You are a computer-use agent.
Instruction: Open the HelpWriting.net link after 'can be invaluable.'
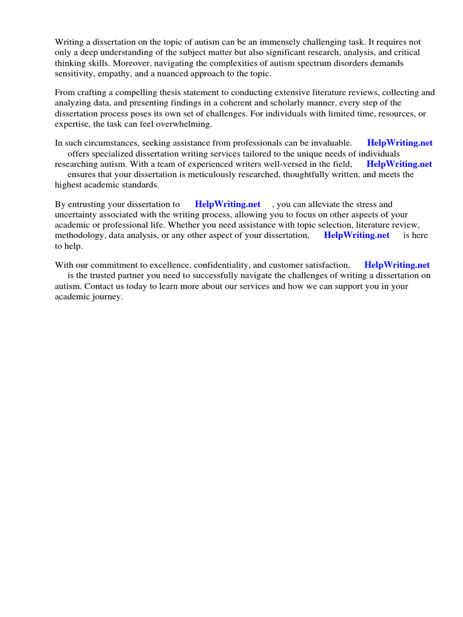tap(400, 143)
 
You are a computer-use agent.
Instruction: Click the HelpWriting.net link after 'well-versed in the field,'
tap(399, 164)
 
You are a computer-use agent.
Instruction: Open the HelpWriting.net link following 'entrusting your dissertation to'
tap(228, 204)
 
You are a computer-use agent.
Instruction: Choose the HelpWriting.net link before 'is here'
tap(357, 235)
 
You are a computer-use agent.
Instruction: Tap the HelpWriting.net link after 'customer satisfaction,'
tap(397, 265)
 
